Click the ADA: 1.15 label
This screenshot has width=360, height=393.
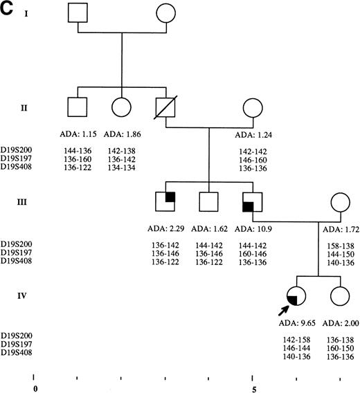78,132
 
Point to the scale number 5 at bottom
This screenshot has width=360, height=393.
254,389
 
